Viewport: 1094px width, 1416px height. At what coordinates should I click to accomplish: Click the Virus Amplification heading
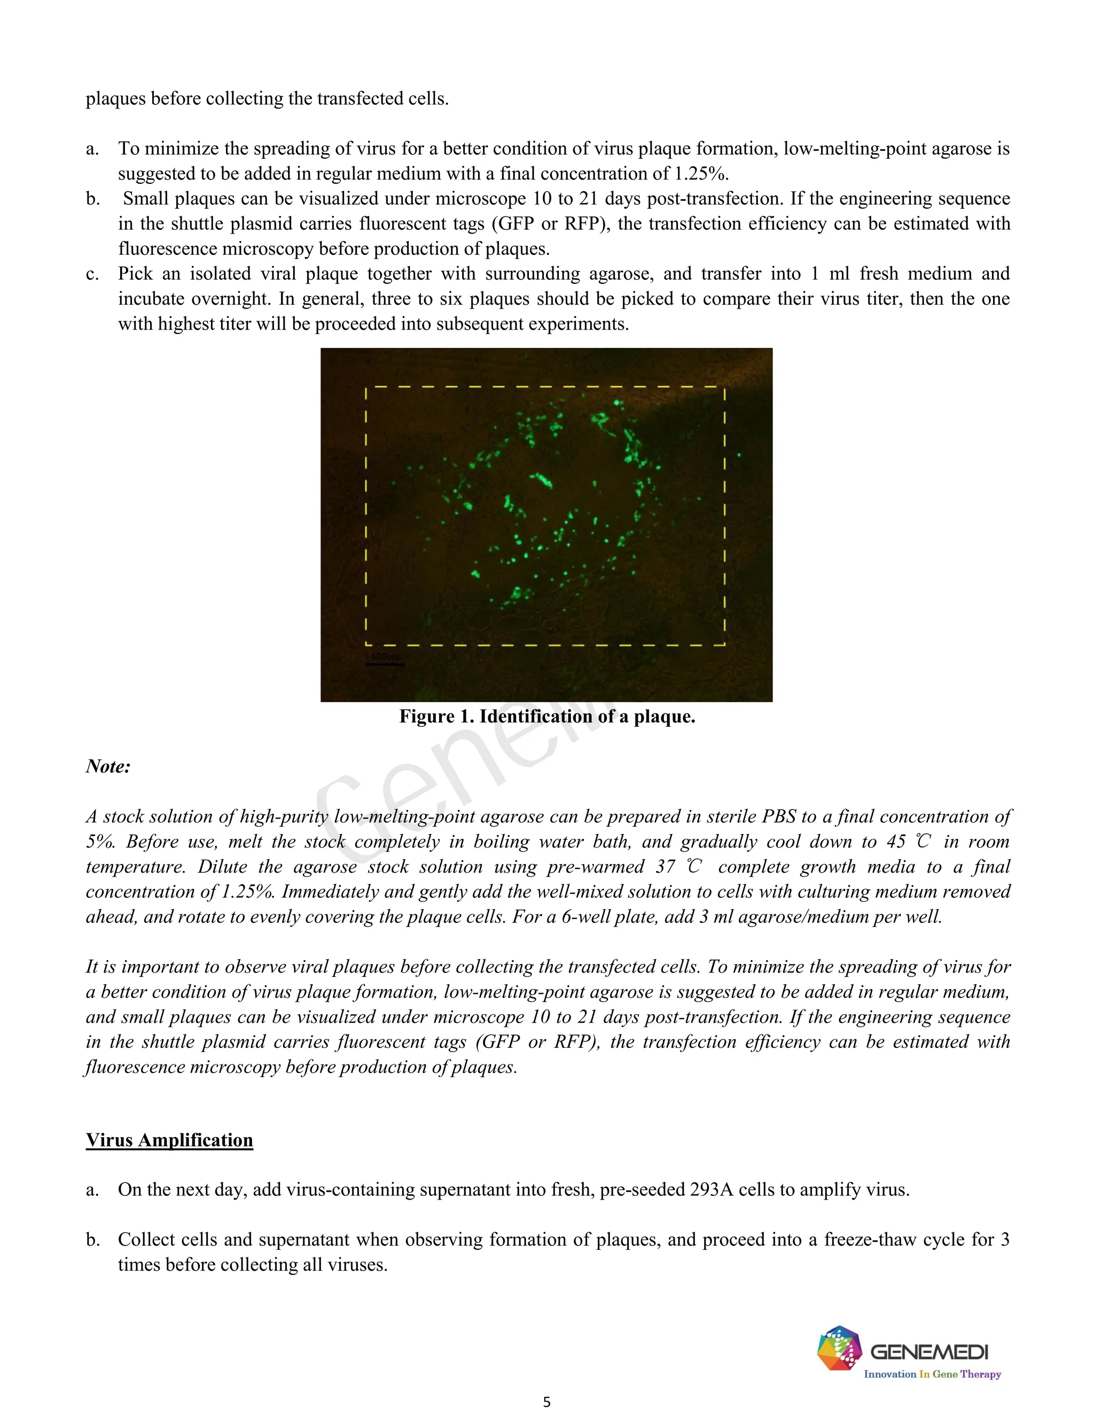(x=169, y=1140)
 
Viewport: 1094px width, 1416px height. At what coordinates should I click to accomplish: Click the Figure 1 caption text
(x=546, y=717)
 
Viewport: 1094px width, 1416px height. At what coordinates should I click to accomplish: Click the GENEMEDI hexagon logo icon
(x=839, y=1348)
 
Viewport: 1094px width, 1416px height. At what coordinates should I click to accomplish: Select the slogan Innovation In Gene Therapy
(x=932, y=1374)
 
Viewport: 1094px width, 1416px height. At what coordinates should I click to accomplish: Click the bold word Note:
(x=108, y=766)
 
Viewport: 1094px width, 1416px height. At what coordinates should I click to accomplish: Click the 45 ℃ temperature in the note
(x=908, y=842)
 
